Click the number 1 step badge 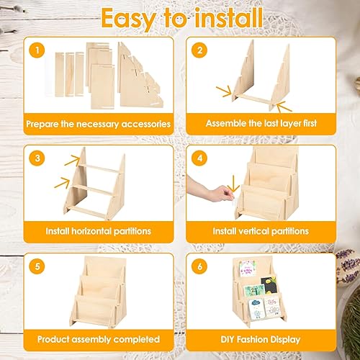point(37,50)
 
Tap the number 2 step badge point(199,50)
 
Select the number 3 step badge point(37,158)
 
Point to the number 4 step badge point(199,158)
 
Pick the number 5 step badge point(37,266)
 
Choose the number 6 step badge point(199,266)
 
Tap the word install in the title point(229,17)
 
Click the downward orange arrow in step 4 point(233,184)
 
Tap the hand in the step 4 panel point(210,189)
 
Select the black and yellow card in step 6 point(269,285)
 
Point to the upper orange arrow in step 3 point(72,160)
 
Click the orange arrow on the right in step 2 point(284,107)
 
